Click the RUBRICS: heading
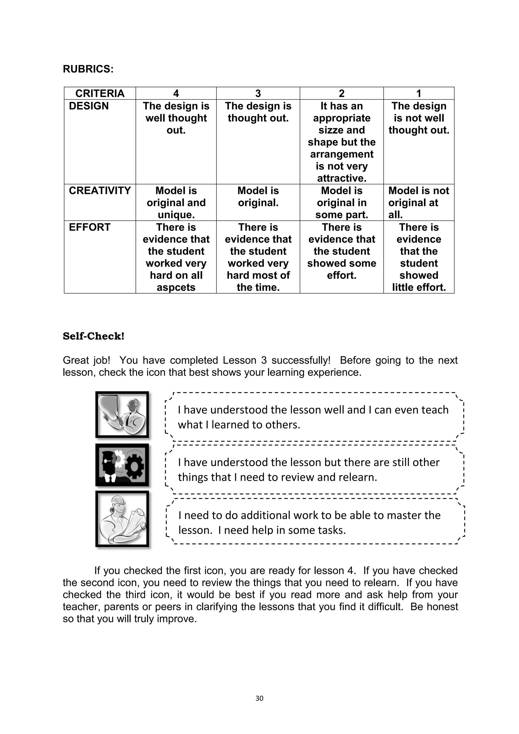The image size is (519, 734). (88, 69)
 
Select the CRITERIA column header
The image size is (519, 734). (100, 93)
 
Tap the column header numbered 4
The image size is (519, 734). (176, 93)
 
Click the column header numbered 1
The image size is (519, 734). (418, 93)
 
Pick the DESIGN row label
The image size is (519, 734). (88, 106)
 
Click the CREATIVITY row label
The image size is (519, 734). (100, 191)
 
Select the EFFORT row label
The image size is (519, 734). (89, 227)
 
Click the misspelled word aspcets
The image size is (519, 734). (176, 287)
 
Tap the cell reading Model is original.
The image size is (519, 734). (258, 197)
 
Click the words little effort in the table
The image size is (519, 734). (418, 287)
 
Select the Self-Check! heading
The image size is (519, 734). (93, 336)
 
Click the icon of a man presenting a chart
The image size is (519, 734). (122, 415)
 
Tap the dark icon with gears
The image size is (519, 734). (122, 465)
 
